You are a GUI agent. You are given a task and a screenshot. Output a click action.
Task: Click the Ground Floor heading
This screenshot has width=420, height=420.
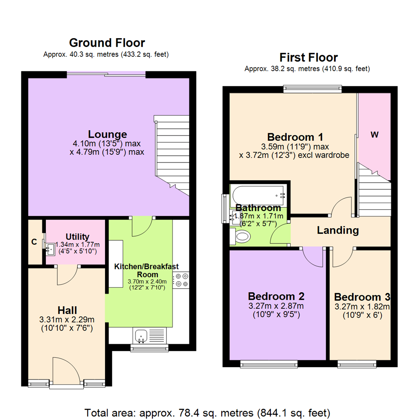point(107,42)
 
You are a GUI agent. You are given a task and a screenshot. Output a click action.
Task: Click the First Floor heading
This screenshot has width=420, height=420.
point(309,58)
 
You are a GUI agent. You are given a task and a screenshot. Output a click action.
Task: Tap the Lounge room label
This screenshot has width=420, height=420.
point(107,134)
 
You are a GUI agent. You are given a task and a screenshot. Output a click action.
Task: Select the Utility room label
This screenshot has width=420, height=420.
point(78,236)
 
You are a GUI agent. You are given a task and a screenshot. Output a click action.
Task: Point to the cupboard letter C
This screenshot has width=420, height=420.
point(34,242)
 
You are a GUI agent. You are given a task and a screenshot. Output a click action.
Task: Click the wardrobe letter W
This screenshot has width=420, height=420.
point(374,135)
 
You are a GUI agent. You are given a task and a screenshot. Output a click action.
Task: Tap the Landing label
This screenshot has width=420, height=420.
point(338,230)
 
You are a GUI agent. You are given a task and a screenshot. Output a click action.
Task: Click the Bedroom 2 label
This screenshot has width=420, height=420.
point(276,296)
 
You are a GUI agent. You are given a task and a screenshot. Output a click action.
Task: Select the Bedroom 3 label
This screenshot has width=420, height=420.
point(362,296)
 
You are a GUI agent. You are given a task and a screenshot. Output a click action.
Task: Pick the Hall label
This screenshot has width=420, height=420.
point(67,310)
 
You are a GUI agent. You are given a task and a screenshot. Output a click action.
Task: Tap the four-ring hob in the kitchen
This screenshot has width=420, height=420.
point(181,280)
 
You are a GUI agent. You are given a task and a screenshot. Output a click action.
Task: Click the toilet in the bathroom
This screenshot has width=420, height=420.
point(241,236)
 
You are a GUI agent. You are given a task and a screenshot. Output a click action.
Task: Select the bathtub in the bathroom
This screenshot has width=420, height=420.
point(259,192)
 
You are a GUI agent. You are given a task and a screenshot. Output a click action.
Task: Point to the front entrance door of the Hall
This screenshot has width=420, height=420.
point(62,371)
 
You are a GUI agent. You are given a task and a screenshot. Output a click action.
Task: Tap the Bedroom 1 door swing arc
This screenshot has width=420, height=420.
point(341,206)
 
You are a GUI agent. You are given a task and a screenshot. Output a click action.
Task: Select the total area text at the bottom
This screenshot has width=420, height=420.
point(208,412)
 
